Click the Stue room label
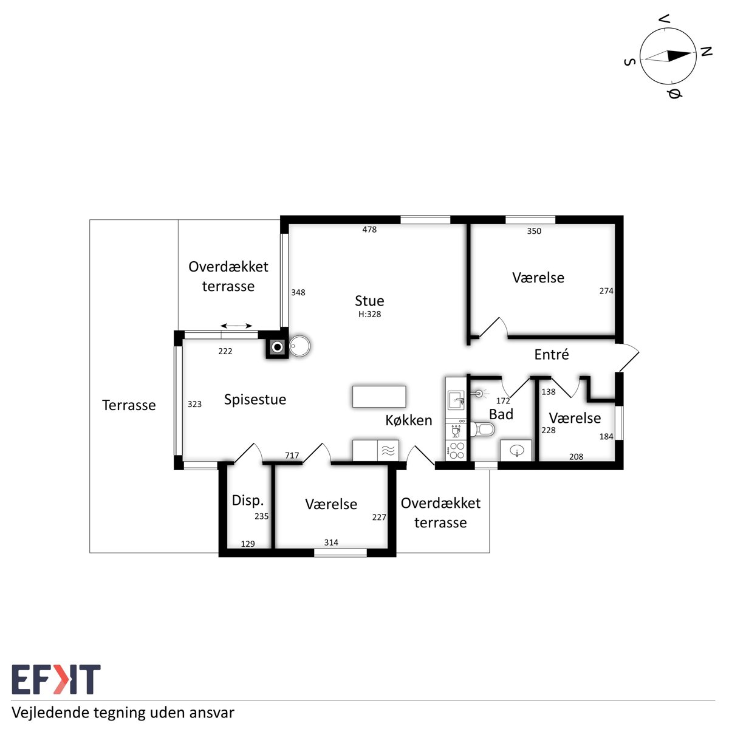369,301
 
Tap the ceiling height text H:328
369,314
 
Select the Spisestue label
255,400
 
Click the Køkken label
409,420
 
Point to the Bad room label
501,414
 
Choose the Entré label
551,354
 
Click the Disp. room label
247,501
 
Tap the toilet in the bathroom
482,429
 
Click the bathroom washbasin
516,450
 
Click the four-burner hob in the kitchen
456,451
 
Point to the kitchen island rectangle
379,397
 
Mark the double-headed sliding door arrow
236,326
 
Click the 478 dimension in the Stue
369,229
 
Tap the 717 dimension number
292,456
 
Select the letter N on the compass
706,51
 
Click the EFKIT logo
56,679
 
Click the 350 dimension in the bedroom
534,231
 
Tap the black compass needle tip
692,53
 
